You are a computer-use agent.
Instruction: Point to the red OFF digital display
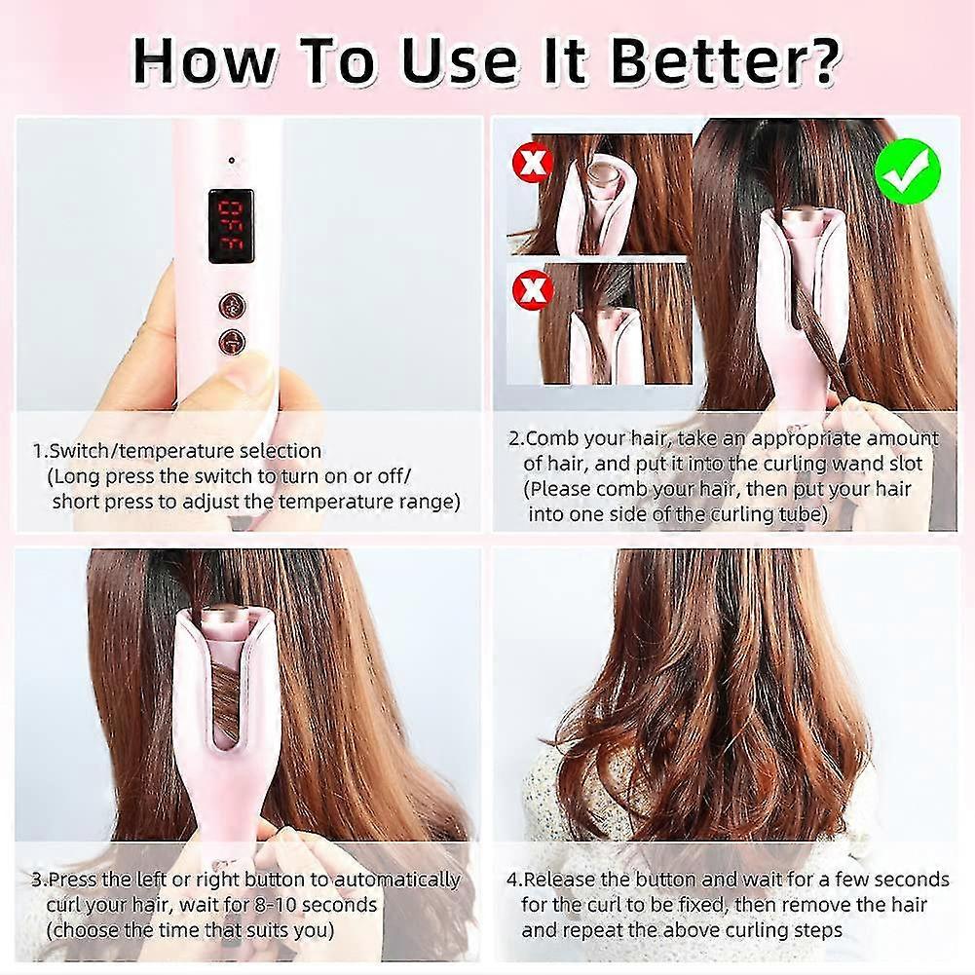click(230, 226)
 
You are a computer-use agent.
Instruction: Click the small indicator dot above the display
click(231, 161)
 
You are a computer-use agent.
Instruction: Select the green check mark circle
click(908, 171)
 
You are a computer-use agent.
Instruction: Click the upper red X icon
click(532, 163)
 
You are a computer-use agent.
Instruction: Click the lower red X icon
click(532, 288)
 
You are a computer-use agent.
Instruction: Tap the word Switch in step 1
click(79, 450)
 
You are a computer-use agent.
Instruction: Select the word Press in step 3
click(72, 880)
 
